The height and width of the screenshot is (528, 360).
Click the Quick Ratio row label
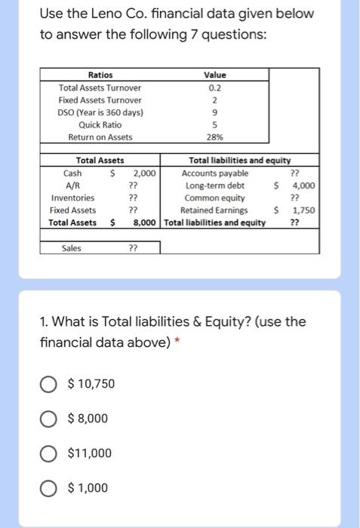point(100,124)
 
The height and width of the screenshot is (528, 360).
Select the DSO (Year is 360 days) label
point(100,112)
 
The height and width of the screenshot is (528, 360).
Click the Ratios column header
point(100,75)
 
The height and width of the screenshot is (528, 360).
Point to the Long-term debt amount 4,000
point(304,186)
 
